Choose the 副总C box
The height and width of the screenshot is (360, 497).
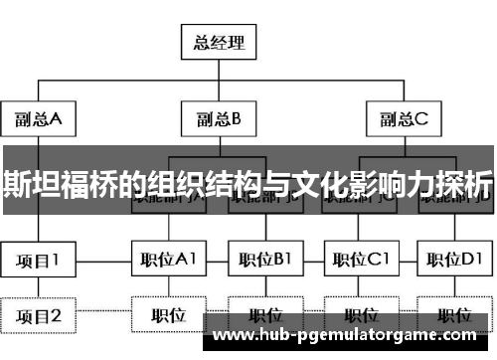(404, 120)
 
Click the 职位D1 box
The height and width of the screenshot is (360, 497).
(453, 262)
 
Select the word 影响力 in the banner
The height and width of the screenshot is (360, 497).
(388, 184)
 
